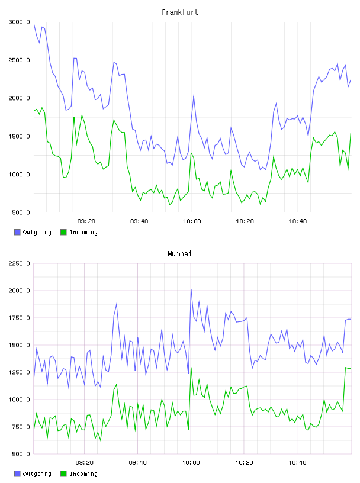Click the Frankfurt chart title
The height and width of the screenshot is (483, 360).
coord(180,12)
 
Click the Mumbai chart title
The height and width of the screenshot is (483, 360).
coord(179,254)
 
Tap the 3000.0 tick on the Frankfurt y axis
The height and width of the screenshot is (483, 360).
coord(20,22)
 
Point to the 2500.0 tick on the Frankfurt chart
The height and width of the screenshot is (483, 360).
coord(20,60)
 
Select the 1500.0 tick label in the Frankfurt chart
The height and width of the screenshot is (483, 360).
coord(20,136)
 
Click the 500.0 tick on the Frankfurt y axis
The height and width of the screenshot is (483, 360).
coord(21,212)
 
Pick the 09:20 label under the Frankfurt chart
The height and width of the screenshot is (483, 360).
coord(86,221)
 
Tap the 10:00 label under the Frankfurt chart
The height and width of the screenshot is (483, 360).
coord(192,221)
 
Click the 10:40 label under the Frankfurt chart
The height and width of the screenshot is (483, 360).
coord(298,221)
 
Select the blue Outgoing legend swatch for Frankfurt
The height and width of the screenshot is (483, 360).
coord(17,232)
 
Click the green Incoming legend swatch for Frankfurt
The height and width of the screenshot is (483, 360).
coord(63,232)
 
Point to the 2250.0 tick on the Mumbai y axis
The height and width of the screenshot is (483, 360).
coord(20,263)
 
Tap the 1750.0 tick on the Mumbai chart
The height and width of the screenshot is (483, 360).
coord(20,318)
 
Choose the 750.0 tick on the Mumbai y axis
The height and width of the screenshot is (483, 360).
coord(21,427)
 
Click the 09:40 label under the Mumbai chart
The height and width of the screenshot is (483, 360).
coord(138,463)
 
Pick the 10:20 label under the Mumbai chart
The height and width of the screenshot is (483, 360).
coord(244,463)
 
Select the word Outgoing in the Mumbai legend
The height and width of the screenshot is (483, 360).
coord(37,474)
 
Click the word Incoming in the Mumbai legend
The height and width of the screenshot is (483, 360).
coord(83,474)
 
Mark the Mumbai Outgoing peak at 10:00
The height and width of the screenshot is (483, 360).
coord(191,289)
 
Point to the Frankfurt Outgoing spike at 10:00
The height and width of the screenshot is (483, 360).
coord(194,95)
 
